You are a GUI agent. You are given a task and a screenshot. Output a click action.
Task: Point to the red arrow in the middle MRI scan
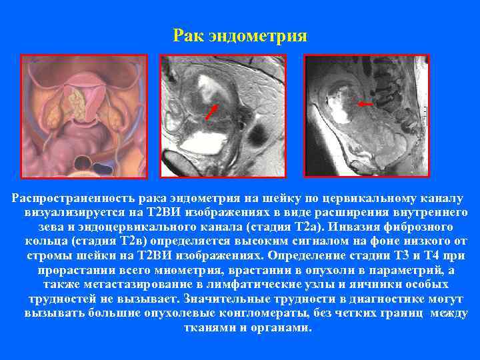click(211, 111)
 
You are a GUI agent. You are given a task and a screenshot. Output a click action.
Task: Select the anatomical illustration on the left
click(86, 115)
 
